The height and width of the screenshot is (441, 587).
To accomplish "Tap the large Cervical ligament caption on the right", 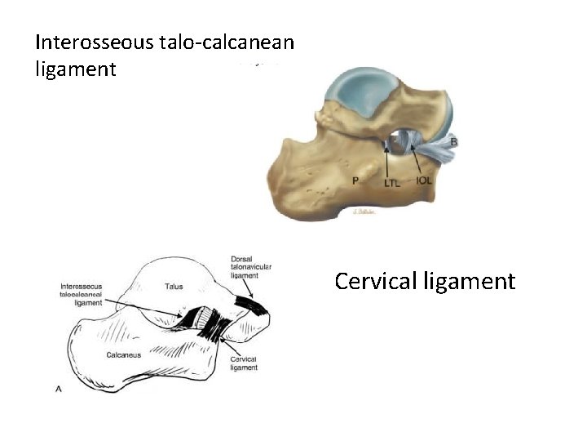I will [x=425, y=282].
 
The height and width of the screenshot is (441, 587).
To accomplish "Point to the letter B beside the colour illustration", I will [x=453, y=143].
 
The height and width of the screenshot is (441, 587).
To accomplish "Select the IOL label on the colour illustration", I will [x=423, y=180].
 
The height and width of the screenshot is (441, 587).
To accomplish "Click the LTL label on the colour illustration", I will [x=392, y=184].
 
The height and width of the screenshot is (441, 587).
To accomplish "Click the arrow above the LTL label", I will [x=389, y=159].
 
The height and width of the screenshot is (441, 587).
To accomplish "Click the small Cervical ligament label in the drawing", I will [x=244, y=363].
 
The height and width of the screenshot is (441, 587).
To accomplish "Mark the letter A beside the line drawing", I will [x=59, y=390].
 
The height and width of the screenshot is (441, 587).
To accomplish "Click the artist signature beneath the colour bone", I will [x=366, y=211].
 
